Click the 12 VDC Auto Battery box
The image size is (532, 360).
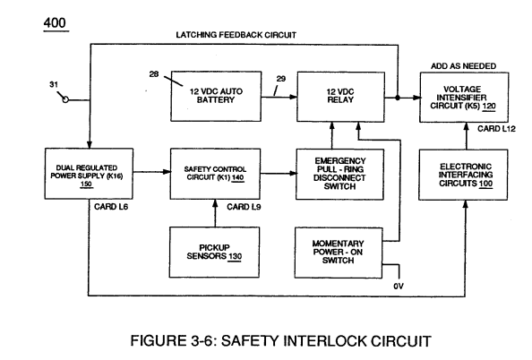tap(216, 96)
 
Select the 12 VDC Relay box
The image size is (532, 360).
tap(340, 97)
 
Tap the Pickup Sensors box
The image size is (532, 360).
tap(214, 253)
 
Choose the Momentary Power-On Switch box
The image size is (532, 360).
tap(339, 253)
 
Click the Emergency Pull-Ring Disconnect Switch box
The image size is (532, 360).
tap(340, 174)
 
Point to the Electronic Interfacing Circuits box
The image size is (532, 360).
tap(463, 175)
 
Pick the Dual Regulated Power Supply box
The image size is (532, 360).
tap(89, 174)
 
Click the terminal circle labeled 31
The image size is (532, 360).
tap(65, 99)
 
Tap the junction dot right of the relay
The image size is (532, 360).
tap(398, 98)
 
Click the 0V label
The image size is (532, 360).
tap(399, 287)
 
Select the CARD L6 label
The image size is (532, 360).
tap(111, 207)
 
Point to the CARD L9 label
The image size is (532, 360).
tap(244, 207)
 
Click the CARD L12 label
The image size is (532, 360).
tap(496, 129)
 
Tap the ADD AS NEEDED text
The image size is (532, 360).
tap(463, 66)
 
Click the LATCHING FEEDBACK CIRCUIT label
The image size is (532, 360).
tap(236, 35)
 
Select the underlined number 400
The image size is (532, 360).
tap(55, 23)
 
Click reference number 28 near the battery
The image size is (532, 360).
tap(154, 74)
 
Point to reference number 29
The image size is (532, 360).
tap(281, 79)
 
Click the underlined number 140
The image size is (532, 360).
tap(238, 177)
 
